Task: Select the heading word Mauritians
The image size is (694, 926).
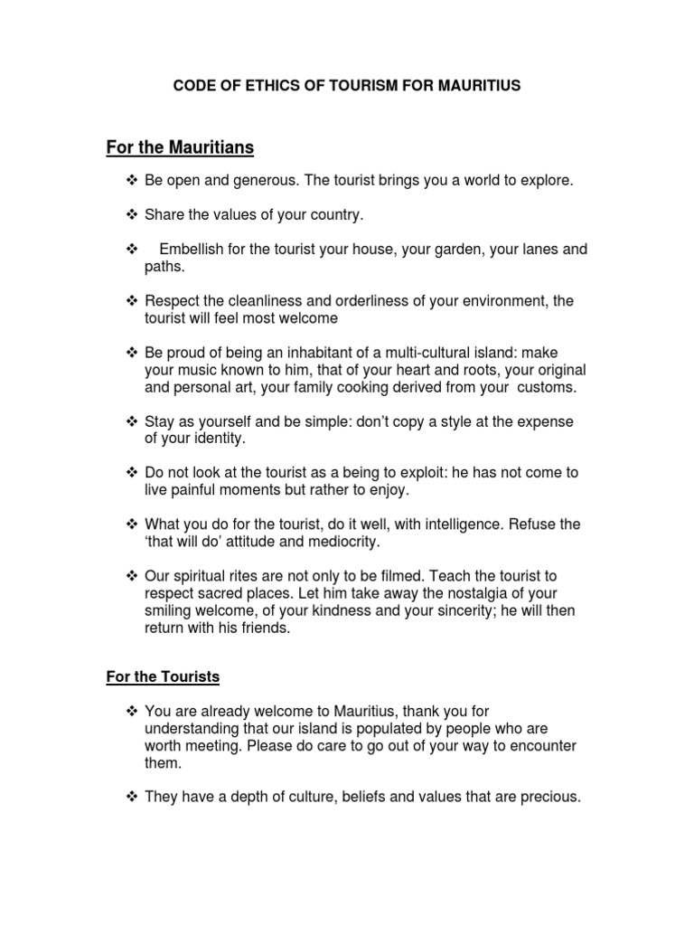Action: click(208, 146)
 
